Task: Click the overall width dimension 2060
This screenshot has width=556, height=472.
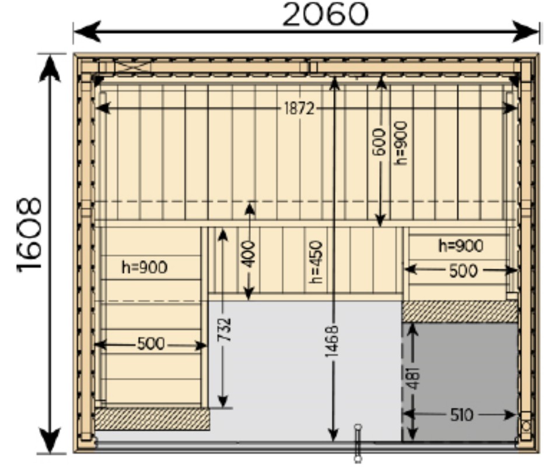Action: tap(326, 15)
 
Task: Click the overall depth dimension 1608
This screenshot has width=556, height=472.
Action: tap(29, 235)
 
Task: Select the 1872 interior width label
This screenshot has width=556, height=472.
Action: tap(299, 109)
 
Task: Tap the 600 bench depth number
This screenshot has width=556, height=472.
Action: tap(379, 142)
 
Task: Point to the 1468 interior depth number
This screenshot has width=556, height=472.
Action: tap(333, 341)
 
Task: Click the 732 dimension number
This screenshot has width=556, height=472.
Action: tap(225, 330)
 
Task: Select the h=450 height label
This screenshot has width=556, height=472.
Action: tap(316, 262)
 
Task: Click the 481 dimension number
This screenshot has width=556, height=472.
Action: tap(414, 378)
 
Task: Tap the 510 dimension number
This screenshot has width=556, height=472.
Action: tap(461, 415)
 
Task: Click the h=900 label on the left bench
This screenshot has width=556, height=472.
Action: tap(144, 267)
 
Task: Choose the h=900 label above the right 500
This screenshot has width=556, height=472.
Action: tap(461, 246)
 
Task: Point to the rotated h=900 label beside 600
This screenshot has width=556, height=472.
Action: tap(401, 143)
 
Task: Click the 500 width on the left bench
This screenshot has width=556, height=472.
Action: tap(151, 344)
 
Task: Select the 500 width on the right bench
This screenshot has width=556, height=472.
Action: tap(463, 271)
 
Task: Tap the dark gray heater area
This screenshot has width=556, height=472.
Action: tap(460, 382)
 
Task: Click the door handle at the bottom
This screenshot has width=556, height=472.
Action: tap(358, 443)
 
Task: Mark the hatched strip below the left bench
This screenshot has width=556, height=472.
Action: tap(152, 419)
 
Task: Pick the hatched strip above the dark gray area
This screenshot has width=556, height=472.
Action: tap(460, 312)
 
